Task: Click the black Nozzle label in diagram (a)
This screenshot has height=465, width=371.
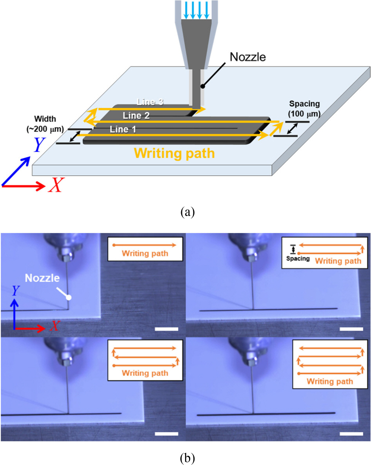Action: pos(247,57)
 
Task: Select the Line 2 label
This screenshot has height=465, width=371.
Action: pos(136,116)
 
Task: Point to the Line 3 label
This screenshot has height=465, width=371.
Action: pos(150,102)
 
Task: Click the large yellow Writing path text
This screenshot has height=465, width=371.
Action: pos(175,153)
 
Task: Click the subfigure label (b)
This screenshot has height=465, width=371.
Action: pos(186,457)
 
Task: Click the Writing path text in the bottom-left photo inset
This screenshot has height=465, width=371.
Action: pos(145,373)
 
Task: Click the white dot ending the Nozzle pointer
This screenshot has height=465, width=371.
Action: pos(69,297)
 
